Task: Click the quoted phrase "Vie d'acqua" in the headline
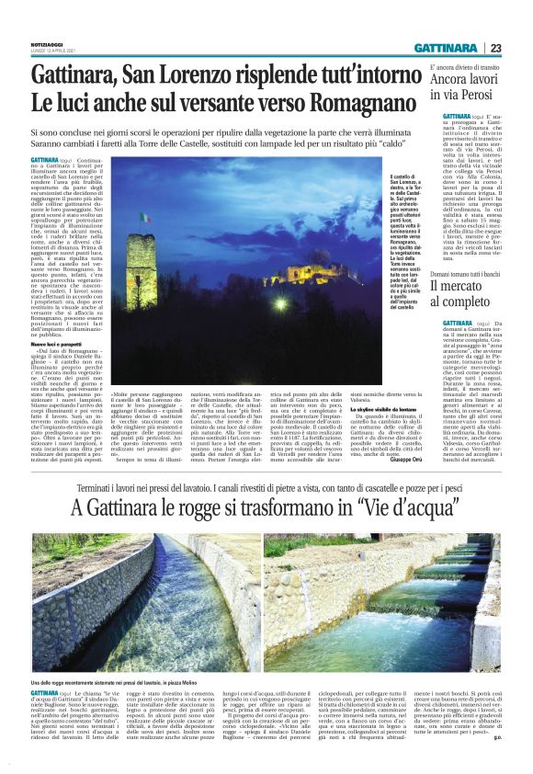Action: (x=375, y=507)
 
